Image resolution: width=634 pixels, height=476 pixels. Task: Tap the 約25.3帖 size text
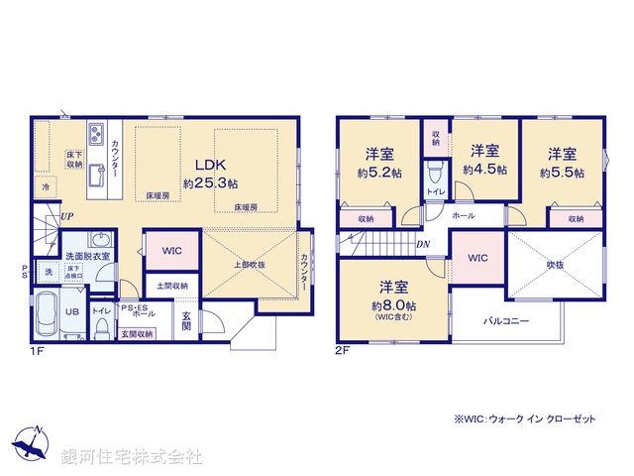point(210,183)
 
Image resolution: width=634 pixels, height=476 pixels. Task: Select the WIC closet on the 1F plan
point(172,251)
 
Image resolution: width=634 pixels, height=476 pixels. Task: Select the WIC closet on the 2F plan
point(478,258)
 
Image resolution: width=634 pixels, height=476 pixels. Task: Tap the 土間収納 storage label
point(172,287)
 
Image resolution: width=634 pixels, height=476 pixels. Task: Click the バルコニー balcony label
point(506,320)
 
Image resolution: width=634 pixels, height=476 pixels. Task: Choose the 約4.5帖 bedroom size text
point(484,170)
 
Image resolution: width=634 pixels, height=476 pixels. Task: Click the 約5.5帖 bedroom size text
point(563,172)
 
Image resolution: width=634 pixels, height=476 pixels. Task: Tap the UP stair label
point(65,216)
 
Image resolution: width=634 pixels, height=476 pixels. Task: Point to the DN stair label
point(422,244)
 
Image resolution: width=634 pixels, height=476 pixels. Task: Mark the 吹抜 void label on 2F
point(554,265)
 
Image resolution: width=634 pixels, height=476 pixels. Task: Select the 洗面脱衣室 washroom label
point(87,256)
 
